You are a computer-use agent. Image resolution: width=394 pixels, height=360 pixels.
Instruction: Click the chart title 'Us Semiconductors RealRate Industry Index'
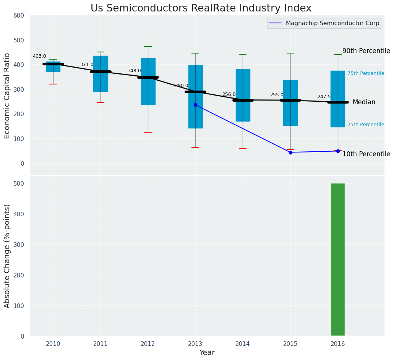pyautogui.click(x=201, y=8)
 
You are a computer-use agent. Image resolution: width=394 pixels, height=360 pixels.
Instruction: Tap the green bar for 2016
pyautogui.click(x=338, y=259)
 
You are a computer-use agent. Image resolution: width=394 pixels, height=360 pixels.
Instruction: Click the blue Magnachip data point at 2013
pyautogui.click(x=195, y=105)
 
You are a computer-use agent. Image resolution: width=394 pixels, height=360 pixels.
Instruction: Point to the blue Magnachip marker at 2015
pyautogui.click(x=290, y=152)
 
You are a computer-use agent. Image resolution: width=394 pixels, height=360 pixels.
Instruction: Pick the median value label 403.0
pyautogui.click(x=39, y=56)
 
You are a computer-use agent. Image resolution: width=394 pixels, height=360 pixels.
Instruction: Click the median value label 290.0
pyautogui.click(x=182, y=86)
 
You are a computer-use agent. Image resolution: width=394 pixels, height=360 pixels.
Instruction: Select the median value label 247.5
pyautogui.click(x=324, y=97)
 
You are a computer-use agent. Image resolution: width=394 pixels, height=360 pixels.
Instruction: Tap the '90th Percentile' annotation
pyautogui.click(x=366, y=51)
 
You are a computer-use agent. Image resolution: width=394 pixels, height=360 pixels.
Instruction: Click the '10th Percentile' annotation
pyautogui.click(x=366, y=154)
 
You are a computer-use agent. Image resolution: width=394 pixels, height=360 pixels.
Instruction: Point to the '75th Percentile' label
pyautogui.click(x=366, y=73)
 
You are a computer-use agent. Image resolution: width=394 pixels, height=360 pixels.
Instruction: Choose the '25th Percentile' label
pyautogui.click(x=366, y=125)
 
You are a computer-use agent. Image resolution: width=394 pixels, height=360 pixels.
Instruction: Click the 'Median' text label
pyautogui.click(x=364, y=102)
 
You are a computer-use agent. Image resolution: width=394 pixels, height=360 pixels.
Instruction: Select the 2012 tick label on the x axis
pyautogui.click(x=148, y=344)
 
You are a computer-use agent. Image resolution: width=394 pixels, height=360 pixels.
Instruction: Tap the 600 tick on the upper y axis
pyautogui.click(x=19, y=16)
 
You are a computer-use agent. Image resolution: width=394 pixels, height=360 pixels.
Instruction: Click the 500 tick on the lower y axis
pyautogui.click(x=19, y=183)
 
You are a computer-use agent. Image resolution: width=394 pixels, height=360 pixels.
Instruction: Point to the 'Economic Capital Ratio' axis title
pyautogui.click(x=7, y=96)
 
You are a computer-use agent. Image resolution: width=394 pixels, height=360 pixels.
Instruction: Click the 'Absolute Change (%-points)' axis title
pyautogui.click(x=7, y=256)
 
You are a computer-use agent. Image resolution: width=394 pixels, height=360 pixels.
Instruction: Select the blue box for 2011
pyautogui.click(x=101, y=74)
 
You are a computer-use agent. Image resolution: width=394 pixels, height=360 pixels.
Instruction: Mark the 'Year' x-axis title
pyautogui.click(x=207, y=353)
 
